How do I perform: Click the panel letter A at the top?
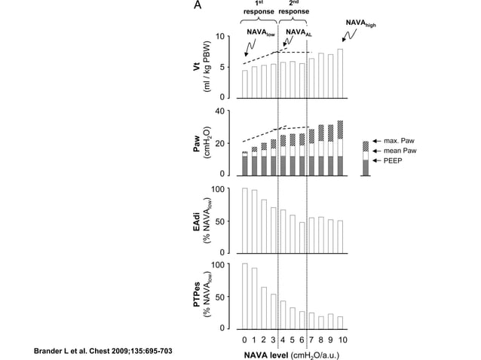[198, 6]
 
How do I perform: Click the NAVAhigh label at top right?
[360, 24]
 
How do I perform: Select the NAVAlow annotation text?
[260, 33]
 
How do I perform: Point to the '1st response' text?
[259, 8]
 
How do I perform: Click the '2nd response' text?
[293, 8]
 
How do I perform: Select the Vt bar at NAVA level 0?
[244, 84]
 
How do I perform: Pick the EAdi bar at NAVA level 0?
[244, 220]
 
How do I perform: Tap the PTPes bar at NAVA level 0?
[244, 296]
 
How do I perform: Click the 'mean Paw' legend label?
[403, 151]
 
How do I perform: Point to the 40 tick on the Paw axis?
[221, 111]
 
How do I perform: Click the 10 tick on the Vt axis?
[221, 36]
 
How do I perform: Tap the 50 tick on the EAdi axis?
[221, 221]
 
